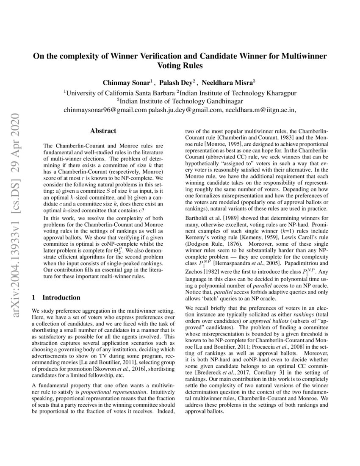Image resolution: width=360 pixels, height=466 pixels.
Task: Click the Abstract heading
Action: [x=103, y=131]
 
